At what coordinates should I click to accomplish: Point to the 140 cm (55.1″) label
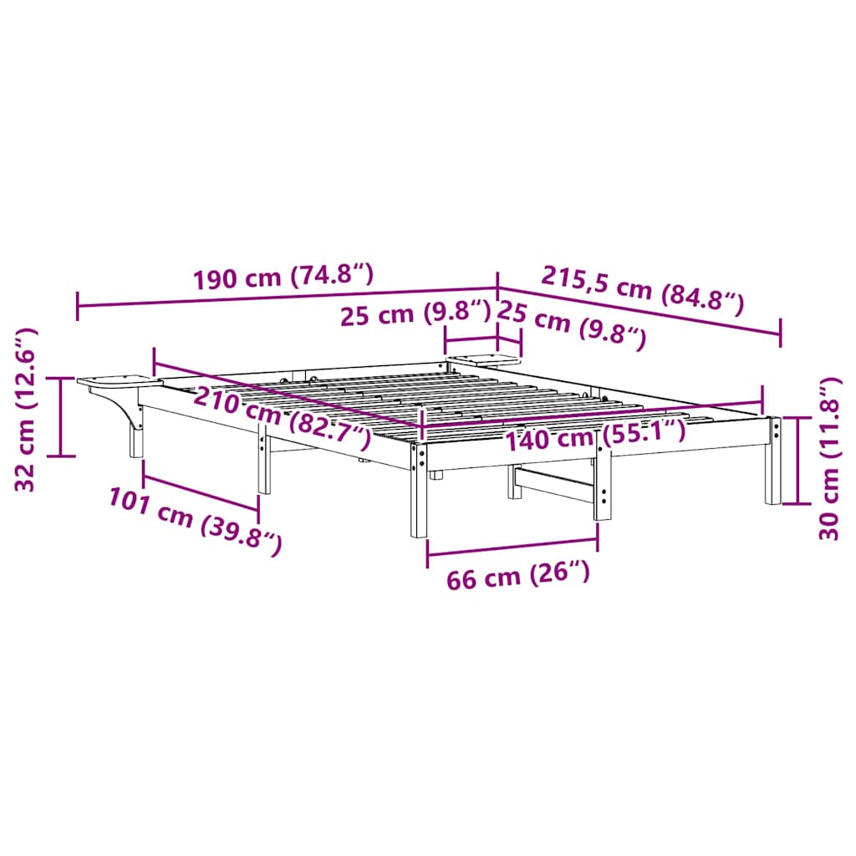point(594,434)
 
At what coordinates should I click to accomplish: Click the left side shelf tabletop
point(117,381)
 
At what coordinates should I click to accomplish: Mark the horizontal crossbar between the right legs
point(555,484)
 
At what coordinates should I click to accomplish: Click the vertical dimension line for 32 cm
point(60,416)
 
